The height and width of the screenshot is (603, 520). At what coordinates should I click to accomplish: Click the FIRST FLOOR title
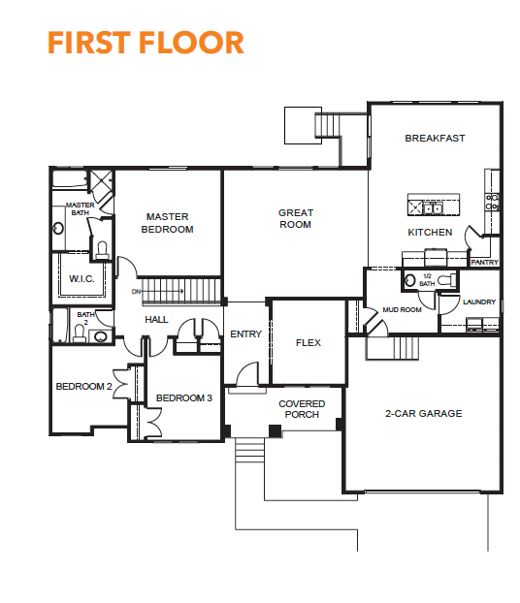click(146, 43)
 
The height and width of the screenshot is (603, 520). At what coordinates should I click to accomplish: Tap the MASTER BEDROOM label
click(168, 223)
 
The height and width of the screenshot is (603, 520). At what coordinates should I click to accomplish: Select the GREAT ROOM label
click(296, 218)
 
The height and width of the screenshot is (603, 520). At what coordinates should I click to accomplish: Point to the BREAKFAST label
click(435, 138)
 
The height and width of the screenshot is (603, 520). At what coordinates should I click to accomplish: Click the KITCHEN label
click(430, 233)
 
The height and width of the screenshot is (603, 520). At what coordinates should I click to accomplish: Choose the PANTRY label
click(484, 263)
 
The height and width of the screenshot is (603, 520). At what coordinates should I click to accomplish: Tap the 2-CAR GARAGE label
click(423, 413)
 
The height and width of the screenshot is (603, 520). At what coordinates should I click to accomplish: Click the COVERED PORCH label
click(302, 409)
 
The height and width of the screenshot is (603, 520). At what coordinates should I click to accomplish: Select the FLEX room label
click(308, 342)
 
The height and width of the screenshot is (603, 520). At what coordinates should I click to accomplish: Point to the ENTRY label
click(246, 334)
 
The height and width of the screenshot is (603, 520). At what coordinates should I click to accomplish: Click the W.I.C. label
click(81, 279)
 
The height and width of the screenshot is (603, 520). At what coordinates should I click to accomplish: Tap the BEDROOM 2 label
click(83, 387)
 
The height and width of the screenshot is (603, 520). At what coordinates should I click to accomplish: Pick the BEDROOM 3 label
click(184, 398)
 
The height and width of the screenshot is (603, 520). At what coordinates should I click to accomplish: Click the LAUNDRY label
click(479, 302)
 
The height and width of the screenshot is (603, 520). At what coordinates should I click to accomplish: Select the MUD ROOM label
click(402, 309)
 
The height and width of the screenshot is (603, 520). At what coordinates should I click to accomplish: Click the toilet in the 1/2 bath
click(446, 279)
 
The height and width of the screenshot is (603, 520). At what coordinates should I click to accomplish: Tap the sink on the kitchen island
click(433, 208)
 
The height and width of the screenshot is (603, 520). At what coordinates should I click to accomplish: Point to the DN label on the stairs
click(136, 292)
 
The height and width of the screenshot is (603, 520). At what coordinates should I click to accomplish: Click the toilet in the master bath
click(102, 249)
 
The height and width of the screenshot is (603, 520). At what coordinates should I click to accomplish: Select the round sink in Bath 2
click(101, 336)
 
